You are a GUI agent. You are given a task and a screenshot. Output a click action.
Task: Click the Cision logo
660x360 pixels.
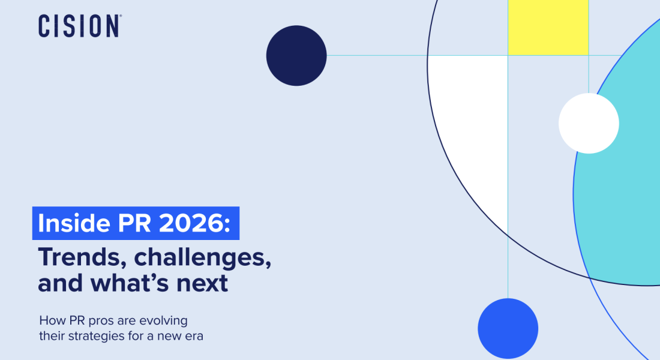tap(80, 26)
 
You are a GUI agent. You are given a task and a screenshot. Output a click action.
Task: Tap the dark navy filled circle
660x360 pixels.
tap(296, 56)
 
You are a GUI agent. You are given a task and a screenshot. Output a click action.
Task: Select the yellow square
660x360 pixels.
tap(548, 28)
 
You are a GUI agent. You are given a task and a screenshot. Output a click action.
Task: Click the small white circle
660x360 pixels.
tap(589, 124)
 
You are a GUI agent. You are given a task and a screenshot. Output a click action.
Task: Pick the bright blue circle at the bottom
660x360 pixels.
tap(508, 328)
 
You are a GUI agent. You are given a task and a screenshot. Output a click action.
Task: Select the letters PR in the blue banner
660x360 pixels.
tap(134, 223)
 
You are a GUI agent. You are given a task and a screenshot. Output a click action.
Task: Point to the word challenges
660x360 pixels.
tap(202, 257)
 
